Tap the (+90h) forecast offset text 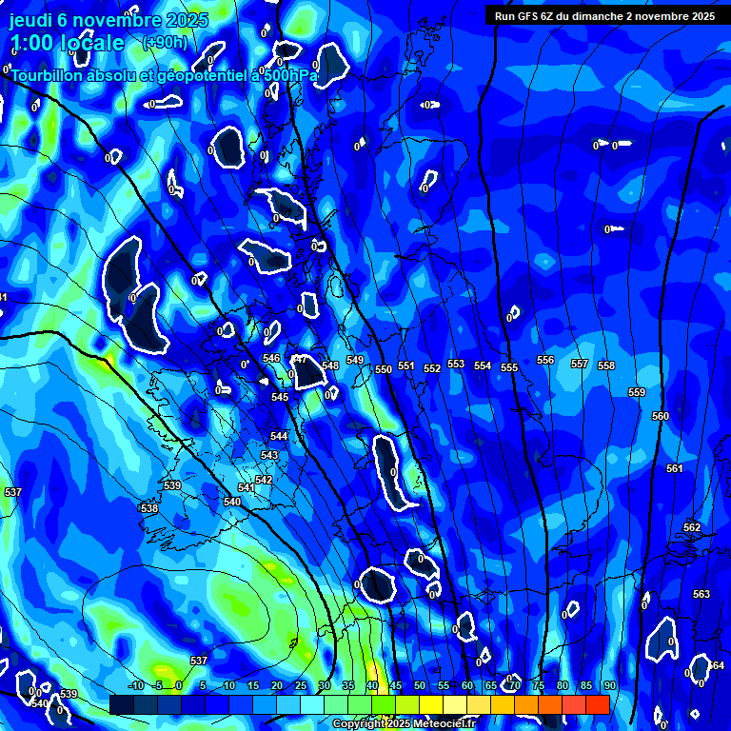coord(165,42)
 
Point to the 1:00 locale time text coord(67,43)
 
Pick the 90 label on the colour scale coord(609,686)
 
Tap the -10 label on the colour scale coord(135,686)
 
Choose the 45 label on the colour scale coord(396,686)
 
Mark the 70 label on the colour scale coord(515,686)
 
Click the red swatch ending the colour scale coord(597,704)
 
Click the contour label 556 coord(545,361)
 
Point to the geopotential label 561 coord(675,469)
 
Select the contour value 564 coord(716,665)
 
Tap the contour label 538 coord(149,509)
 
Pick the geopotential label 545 coord(280,398)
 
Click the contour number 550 coord(384,369)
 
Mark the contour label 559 coord(637,393)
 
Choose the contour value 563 coord(701,595)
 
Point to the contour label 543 coord(269,456)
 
